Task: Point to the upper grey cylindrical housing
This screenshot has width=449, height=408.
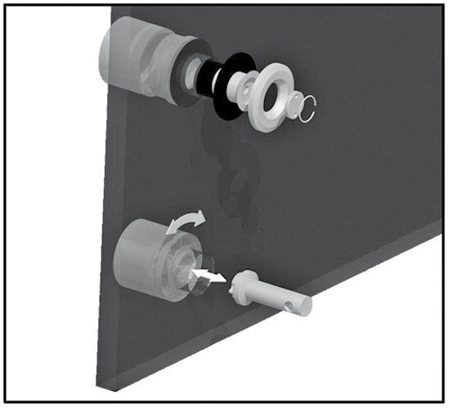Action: point(131,57)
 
